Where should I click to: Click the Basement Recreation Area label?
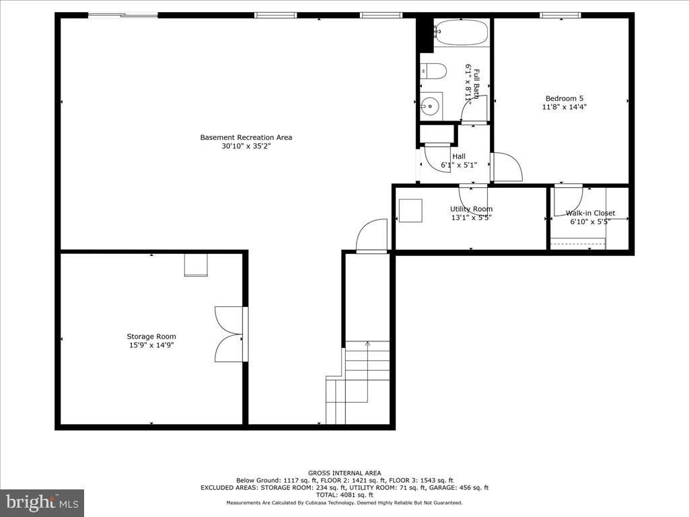(x=246, y=137)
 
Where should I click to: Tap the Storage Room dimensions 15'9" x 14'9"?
(x=151, y=345)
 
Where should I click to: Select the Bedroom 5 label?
(x=564, y=98)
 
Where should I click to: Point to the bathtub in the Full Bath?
(x=461, y=32)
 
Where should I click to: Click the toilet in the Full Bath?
(x=434, y=71)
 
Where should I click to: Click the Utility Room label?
(x=471, y=209)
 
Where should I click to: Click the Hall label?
(x=459, y=156)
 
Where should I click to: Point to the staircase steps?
(x=367, y=370)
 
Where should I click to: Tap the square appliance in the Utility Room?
(x=410, y=211)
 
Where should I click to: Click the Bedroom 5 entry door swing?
(x=507, y=167)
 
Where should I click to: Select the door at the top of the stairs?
(x=372, y=236)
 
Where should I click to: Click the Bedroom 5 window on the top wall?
(x=560, y=15)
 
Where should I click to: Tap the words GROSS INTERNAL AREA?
(x=344, y=473)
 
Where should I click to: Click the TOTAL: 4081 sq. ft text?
(x=344, y=495)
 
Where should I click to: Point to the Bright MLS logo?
(x=42, y=502)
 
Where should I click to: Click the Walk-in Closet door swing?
(x=567, y=200)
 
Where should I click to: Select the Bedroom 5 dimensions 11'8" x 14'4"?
(x=564, y=106)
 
